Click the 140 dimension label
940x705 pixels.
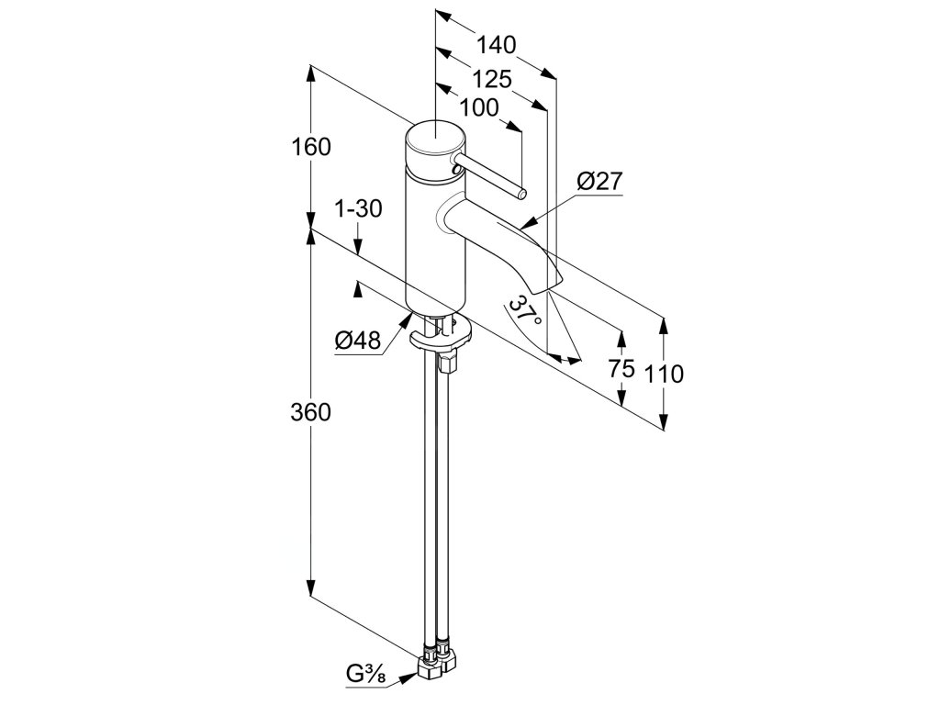pos(497,45)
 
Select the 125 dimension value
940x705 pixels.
pos(492,78)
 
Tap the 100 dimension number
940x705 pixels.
pos(478,107)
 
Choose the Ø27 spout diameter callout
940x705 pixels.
pos(600,182)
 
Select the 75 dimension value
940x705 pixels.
pos(621,369)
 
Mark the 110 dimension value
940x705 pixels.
pos(664,374)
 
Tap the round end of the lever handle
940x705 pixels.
pos(521,194)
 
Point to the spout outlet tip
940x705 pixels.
pos(553,279)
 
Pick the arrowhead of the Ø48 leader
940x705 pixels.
pos(409,317)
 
